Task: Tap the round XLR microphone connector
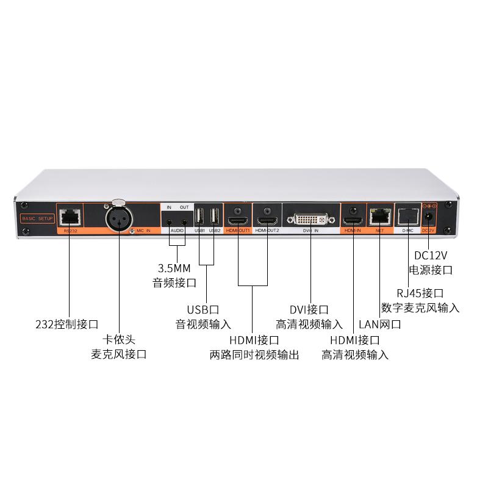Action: pyautogui.click(x=118, y=218)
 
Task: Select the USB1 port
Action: pyautogui.click(x=199, y=217)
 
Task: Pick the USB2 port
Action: pyautogui.click(x=213, y=217)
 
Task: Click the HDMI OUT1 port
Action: pyautogui.click(x=238, y=219)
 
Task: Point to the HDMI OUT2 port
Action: pyautogui.click(x=267, y=219)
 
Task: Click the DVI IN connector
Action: pyautogui.click(x=310, y=218)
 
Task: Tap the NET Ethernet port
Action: pyautogui.click(x=379, y=215)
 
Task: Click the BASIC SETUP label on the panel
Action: pyautogui.click(x=38, y=218)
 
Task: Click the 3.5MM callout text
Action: pyautogui.click(x=174, y=268)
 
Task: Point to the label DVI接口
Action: pyautogui.click(x=309, y=310)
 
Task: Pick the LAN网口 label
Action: pyautogui.click(x=380, y=325)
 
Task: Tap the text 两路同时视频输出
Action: pyautogui.click(x=254, y=354)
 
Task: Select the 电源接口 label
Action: pyautogui.click(x=430, y=270)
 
